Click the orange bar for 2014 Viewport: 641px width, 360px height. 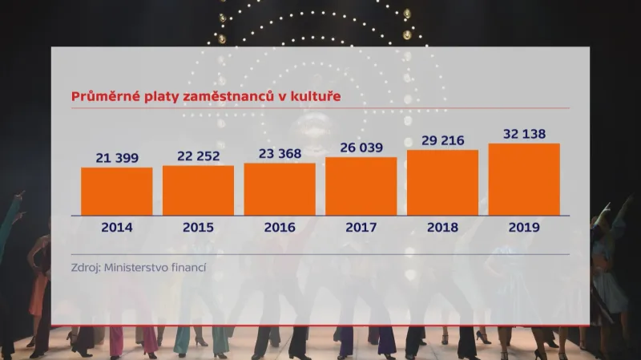point(117,192)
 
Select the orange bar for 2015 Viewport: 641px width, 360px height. point(198,191)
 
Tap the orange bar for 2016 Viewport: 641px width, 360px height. point(280,189)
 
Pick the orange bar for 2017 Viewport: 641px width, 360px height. point(361,187)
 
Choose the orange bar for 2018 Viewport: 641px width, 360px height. point(442,183)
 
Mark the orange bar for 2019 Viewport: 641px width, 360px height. point(524,180)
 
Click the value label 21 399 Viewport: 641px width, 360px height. point(117,158)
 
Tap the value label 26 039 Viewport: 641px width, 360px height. point(361,148)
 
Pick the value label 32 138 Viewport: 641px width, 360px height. point(524,134)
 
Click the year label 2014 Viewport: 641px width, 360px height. point(117,227)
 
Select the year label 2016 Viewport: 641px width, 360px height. point(280,227)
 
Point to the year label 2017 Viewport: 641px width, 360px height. point(361,227)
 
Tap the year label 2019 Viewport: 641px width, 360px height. point(524,227)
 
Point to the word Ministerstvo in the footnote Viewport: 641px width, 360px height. point(134,268)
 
